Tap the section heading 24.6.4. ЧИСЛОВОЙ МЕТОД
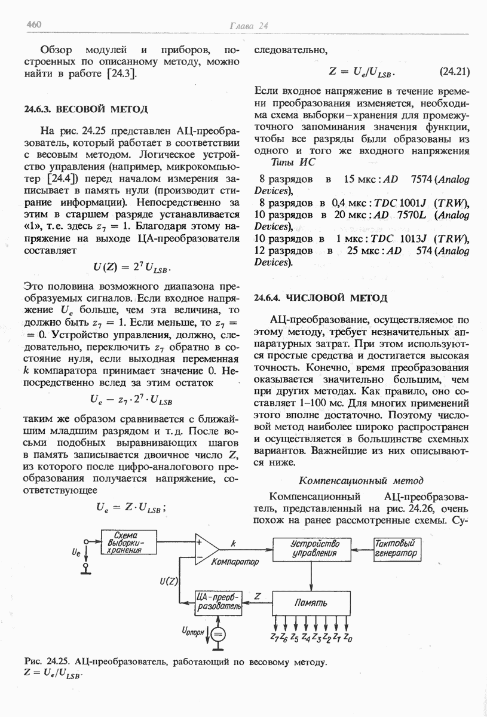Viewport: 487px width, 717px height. click(x=321, y=298)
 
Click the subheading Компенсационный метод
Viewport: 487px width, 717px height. click(x=361, y=480)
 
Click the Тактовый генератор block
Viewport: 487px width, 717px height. click(x=396, y=549)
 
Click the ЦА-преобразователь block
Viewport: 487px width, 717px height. click(x=219, y=602)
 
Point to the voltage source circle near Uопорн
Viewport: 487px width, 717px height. click(x=219, y=635)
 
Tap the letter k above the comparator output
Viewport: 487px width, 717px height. click(x=234, y=543)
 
